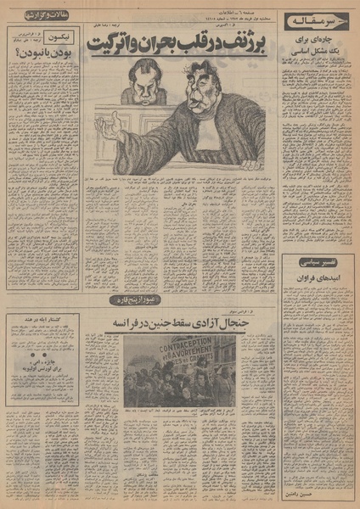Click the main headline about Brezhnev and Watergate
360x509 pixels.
coord(183,42)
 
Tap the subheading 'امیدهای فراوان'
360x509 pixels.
coord(321,278)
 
